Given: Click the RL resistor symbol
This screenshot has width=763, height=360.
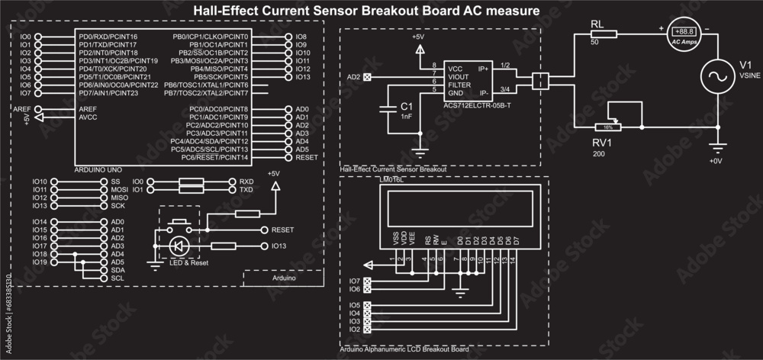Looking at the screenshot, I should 603,33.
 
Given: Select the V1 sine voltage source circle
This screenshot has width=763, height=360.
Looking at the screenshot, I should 716,76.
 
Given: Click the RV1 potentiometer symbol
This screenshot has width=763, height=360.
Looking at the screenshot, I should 607,127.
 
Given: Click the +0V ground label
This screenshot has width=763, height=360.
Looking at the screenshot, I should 715,161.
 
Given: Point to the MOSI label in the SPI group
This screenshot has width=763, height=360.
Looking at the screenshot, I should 118,189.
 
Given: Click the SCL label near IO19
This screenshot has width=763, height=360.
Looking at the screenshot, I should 118,278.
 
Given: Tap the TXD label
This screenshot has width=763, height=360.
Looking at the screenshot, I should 246,189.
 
